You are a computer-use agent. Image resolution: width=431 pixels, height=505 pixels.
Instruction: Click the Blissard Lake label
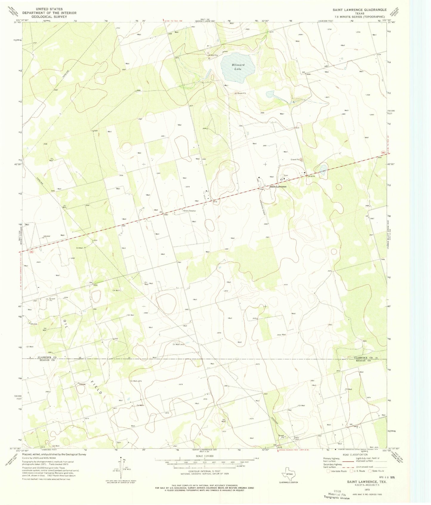[x=238, y=67]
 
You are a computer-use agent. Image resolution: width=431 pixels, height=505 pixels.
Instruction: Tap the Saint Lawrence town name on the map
[x=278, y=187]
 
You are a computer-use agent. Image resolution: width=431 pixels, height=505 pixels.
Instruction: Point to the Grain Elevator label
[x=189, y=211]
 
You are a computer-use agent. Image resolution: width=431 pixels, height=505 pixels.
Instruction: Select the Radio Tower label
[x=296, y=438]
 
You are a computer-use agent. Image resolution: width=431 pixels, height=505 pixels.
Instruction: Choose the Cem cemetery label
[x=285, y=175]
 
